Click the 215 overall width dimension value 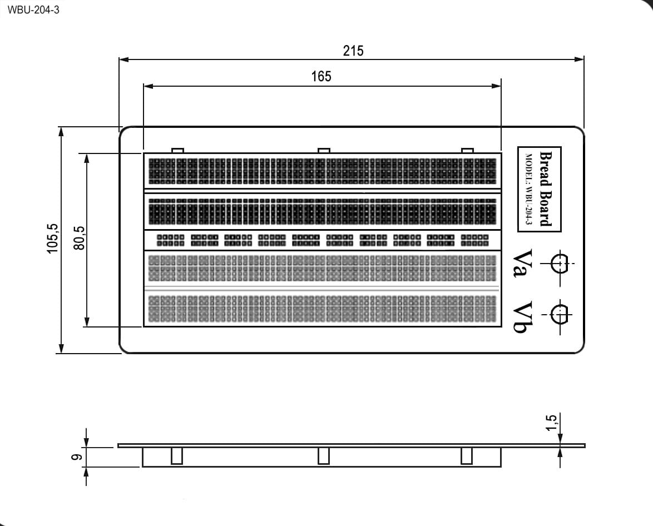pyautogui.click(x=353, y=51)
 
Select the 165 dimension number pyautogui.click(x=321, y=77)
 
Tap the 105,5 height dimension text pyautogui.click(x=52, y=238)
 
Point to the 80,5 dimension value pyautogui.click(x=79, y=238)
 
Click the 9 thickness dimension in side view pyautogui.click(x=76, y=457)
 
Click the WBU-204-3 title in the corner pyautogui.click(x=33, y=10)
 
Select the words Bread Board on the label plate pyautogui.click(x=546, y=188)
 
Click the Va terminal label pyautogui.click(x=522, y=263)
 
